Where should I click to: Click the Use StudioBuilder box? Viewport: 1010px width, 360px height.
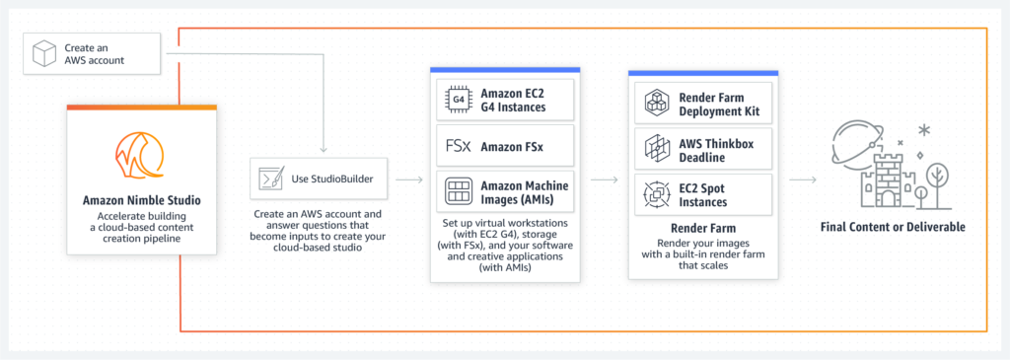click(x=323, y=180)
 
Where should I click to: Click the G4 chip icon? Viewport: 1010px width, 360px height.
click(x=458, y=100)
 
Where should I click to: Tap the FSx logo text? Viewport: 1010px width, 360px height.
click(x=457, y=146)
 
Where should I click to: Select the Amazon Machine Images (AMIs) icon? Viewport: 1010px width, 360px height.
click(x=458, y=191)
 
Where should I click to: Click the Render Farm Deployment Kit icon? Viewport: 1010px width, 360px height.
click(x=657, y=102)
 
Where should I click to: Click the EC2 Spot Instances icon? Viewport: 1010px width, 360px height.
click(x=657, y=193)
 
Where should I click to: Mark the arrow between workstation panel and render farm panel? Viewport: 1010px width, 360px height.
click(x=606, y=180)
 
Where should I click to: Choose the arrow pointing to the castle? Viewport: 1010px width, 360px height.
click(x=803, y=180)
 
